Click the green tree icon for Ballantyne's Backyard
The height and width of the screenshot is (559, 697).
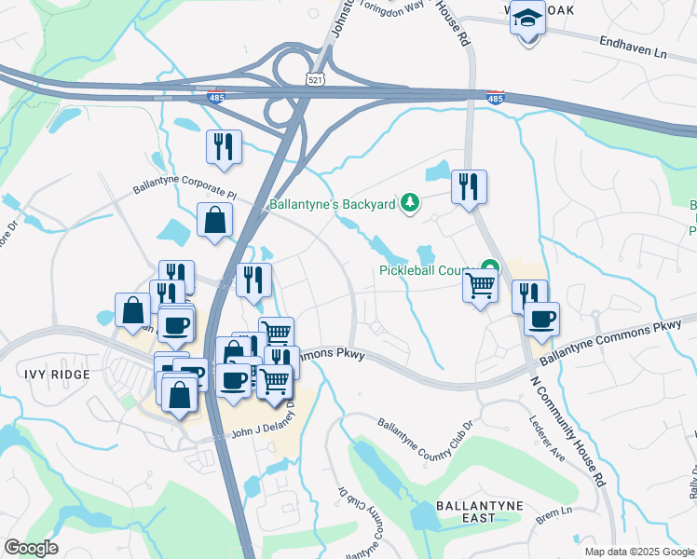[x=408, y=202]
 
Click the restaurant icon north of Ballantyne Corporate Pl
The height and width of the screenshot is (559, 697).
[x=225, y=147]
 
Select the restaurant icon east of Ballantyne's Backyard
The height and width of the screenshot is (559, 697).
[x=469, y=186]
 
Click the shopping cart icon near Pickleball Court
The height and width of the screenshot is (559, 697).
[x=481, y=284]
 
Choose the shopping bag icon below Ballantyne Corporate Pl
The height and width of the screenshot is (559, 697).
[x=215, y=221]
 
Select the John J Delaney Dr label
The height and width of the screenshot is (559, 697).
[x=255, y=433]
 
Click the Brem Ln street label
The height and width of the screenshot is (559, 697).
[x=553, y=512]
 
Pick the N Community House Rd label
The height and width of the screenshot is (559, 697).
[x=567, y=429]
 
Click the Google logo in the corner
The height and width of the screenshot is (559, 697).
[x=31, y=548]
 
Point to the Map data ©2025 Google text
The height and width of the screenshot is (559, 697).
[x=638, y=552]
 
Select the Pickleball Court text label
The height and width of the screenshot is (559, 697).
[x=427, y=271]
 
